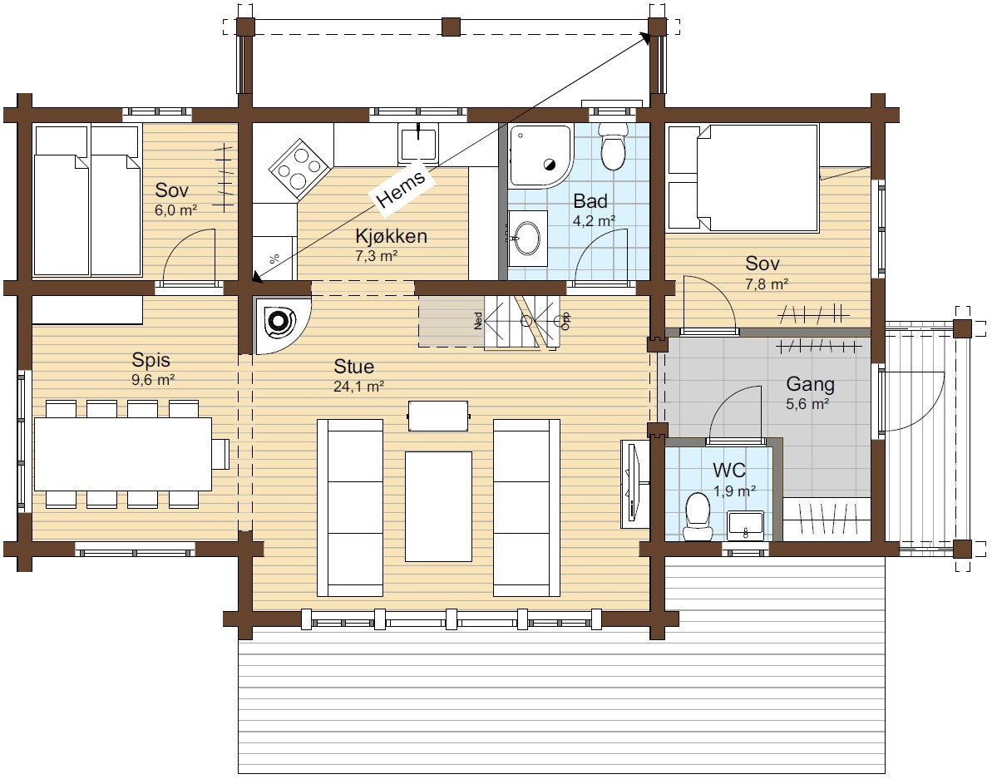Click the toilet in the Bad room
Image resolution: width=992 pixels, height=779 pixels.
tap(612, 146)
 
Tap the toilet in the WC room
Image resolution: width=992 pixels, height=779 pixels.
tap(697, 516)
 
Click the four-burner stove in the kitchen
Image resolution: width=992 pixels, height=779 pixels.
tap(300, 168)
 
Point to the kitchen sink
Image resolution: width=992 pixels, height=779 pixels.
tap(417, 143)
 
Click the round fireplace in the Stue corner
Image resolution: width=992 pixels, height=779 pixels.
tap(279, 323)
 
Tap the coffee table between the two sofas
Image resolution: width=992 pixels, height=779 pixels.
tap(438, 506)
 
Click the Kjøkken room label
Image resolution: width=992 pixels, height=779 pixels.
tap(391, 236)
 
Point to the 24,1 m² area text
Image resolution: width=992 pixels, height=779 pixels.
tap(358, 387)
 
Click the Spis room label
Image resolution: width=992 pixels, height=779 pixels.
tap(151, 360)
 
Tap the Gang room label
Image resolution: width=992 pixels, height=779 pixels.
tap(810, 384)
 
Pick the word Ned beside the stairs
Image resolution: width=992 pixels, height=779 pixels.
tap(478, 321)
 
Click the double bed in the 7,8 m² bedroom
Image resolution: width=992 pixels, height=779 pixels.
tap(758, 178)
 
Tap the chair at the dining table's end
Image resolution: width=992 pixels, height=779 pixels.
tap(220, 454)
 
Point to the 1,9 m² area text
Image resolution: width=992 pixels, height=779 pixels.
tap(734, 491)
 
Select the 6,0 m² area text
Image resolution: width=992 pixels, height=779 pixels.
tap(175, 210)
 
